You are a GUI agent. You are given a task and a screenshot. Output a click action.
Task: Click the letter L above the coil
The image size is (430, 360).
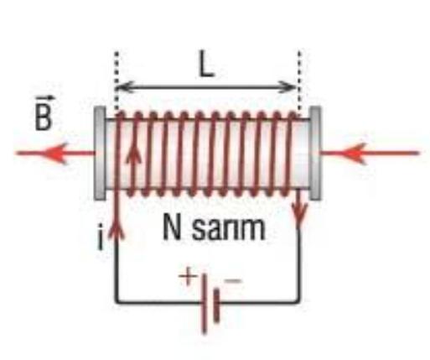click(x=206, y=64)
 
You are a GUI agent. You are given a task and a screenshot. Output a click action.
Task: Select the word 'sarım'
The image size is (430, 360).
click(x=229, y=229)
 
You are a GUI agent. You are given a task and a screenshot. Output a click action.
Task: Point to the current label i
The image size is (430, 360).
click(x=101, y=237)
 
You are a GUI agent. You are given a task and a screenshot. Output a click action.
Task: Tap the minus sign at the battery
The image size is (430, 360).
click(x=233, y=280)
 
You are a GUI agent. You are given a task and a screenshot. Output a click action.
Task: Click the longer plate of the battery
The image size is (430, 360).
click(x=205, y=304)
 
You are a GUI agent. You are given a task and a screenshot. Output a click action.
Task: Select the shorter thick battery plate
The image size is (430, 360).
click(x=216, y=305)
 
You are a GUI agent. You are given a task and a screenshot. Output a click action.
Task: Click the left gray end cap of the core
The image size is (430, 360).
click(x=100, y=154)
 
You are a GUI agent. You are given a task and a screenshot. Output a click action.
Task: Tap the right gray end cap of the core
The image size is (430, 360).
click(x=315, y=154)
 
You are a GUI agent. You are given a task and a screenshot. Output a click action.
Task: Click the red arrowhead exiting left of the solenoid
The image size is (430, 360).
click(x=54, y=153)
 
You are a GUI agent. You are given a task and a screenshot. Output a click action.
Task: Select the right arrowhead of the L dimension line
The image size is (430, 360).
click(x=288, y=87)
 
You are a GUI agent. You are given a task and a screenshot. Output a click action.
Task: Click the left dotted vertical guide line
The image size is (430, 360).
click(x=117, y=81)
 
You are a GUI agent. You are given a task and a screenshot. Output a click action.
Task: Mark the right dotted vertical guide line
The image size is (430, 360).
click(x=299, y=81)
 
